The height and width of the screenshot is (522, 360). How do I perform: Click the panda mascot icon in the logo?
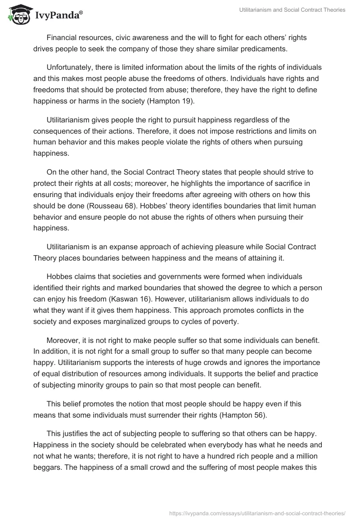click(18, 15)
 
